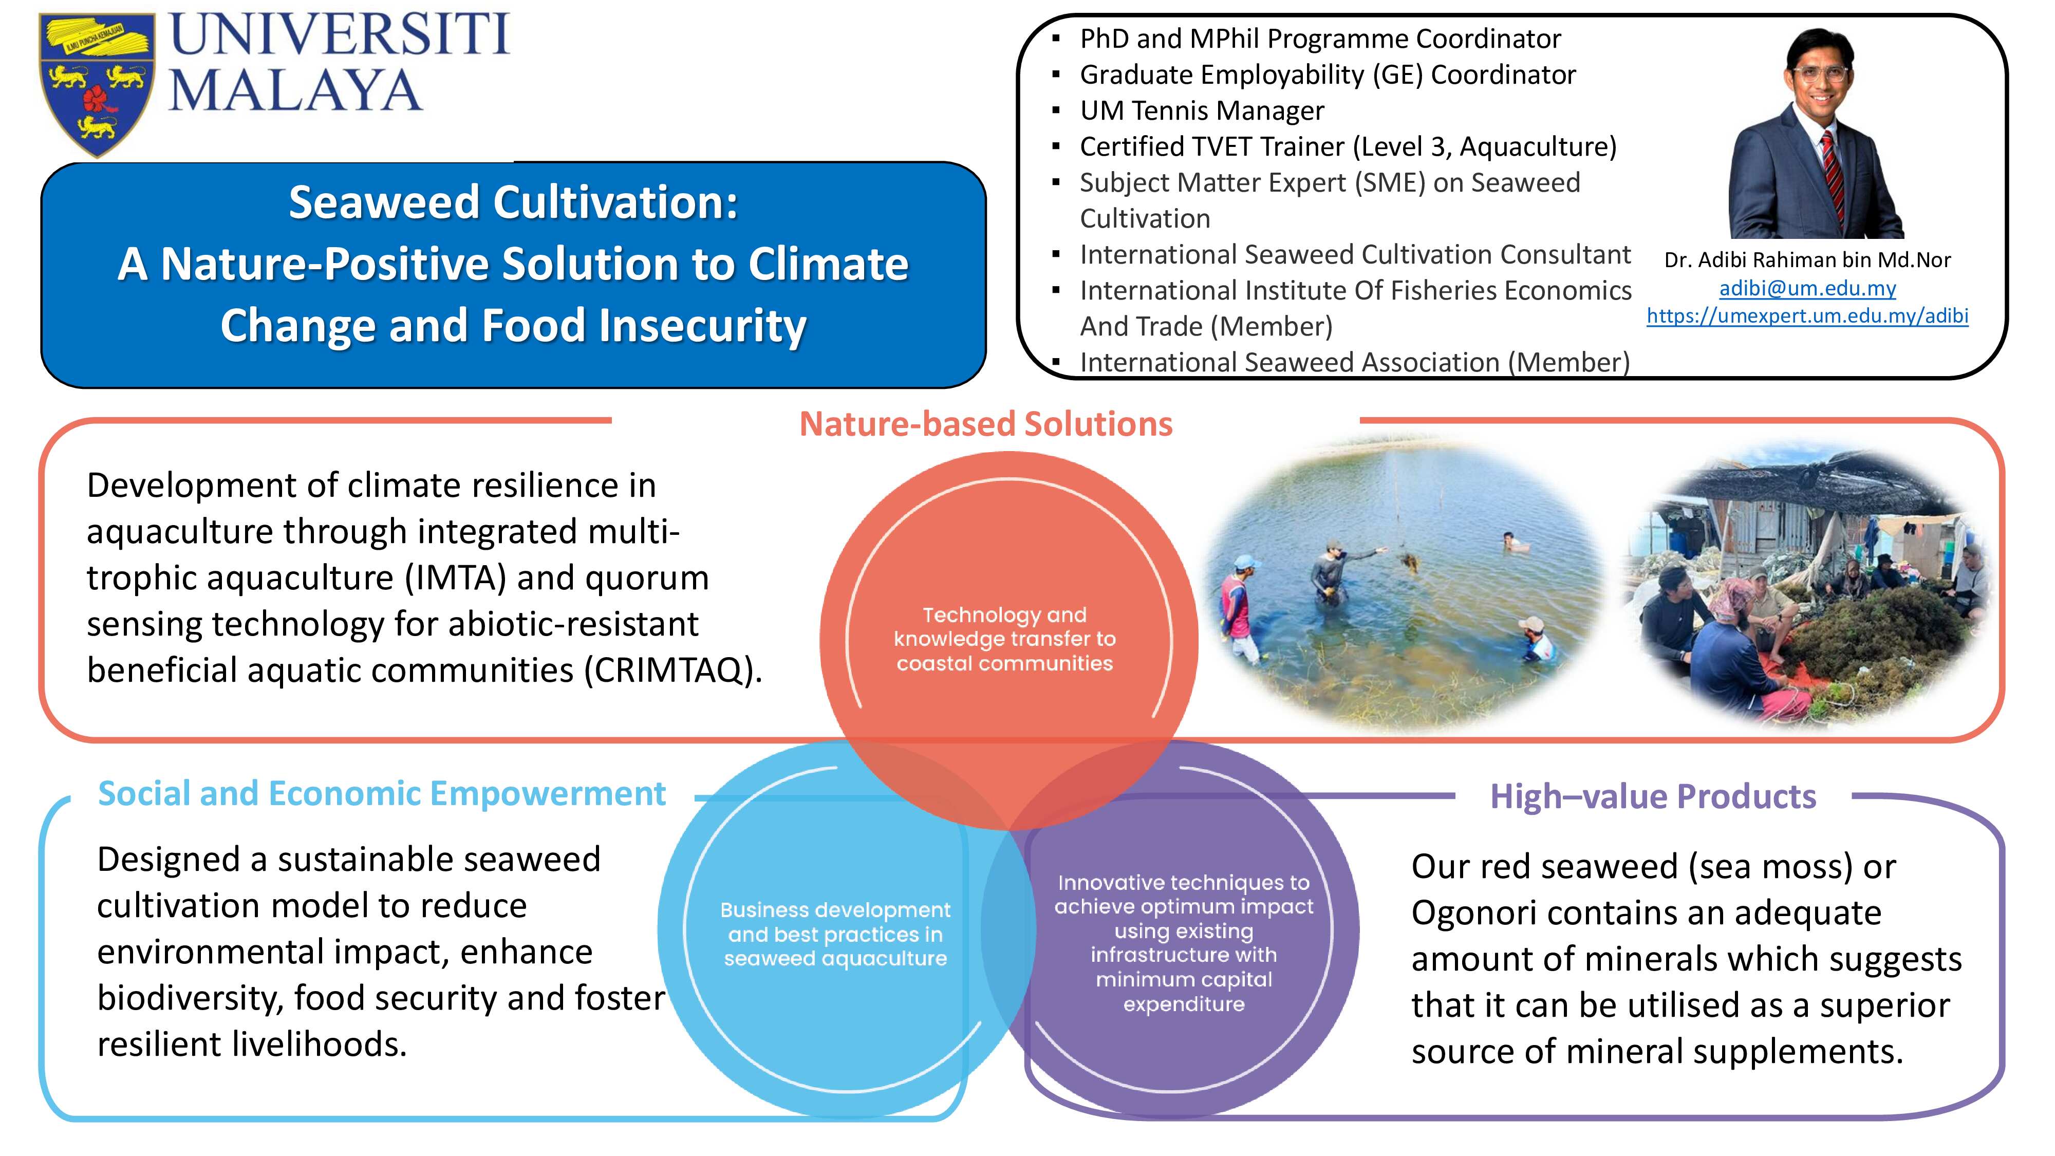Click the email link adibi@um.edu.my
[x=1807, y=288]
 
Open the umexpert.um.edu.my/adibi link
[x=1807, y=316]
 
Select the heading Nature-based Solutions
[x=986, y=424]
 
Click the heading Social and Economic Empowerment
[x=381, y=794]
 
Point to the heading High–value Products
[x=1653, y=796]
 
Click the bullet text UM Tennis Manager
[x=1202, y=110]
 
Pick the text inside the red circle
[x=1004, y=639]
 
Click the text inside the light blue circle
[x=835, y=934]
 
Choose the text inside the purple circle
[x=1184, y=943]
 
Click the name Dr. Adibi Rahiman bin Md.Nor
[x=1807, y=260]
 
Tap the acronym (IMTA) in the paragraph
[x=456, y=577]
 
